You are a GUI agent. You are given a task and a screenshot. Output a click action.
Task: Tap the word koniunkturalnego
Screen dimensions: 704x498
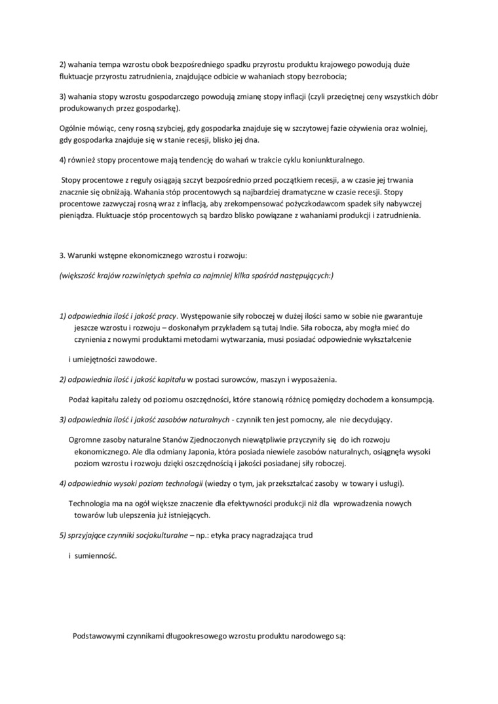[x=338, y=160]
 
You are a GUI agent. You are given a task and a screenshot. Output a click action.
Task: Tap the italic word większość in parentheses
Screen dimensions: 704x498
[x=81, y=275]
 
